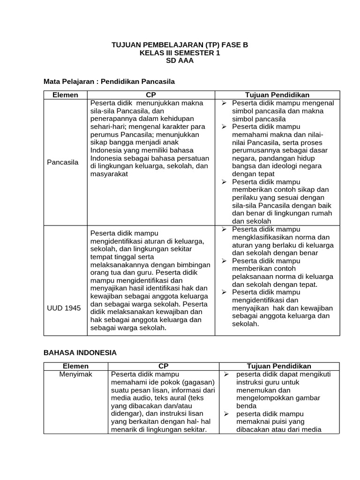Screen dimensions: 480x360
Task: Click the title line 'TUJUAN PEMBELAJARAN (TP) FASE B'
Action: coord(180,45)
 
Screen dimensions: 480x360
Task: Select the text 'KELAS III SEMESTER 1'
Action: coord(180,53)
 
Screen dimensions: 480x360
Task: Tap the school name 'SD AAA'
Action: coord(180,61)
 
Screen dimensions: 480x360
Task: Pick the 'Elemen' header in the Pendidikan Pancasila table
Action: coord(65,94)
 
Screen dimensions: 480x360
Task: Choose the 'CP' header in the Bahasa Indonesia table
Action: coord(163,366)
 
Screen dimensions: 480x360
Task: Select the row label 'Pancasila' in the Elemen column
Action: coord(63,162)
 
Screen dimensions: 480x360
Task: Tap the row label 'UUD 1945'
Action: coord(63,308)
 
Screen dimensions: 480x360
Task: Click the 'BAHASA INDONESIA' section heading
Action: coord(80,352)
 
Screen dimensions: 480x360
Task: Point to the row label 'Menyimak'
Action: coord(75,374)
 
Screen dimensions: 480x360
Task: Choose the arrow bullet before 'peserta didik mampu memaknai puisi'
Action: coord(225,414)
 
